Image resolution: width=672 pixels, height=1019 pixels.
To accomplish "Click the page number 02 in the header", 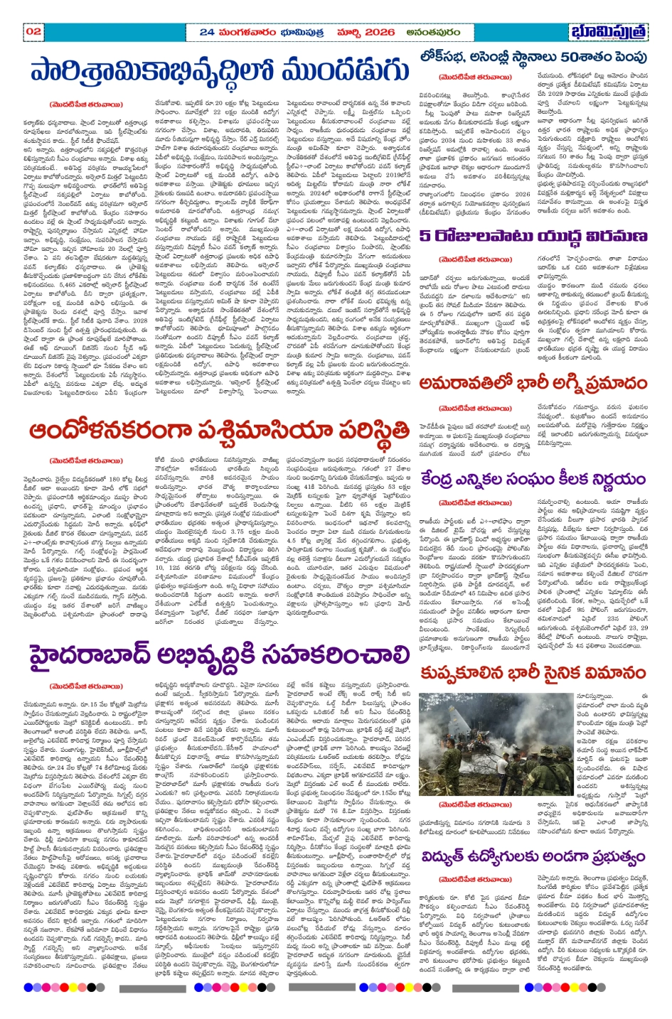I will pos(33,32).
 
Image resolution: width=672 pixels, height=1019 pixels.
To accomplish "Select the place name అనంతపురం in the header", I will pos(433,32).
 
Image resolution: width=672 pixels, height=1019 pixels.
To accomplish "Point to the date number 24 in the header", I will pos(206,32).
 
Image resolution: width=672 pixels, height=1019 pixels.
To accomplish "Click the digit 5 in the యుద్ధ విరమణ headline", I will pos(425,235).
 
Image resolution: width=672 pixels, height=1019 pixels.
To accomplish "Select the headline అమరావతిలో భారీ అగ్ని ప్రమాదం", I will pos(533,384).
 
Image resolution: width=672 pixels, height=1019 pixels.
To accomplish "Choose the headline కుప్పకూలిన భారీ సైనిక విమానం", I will pos(533,673).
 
